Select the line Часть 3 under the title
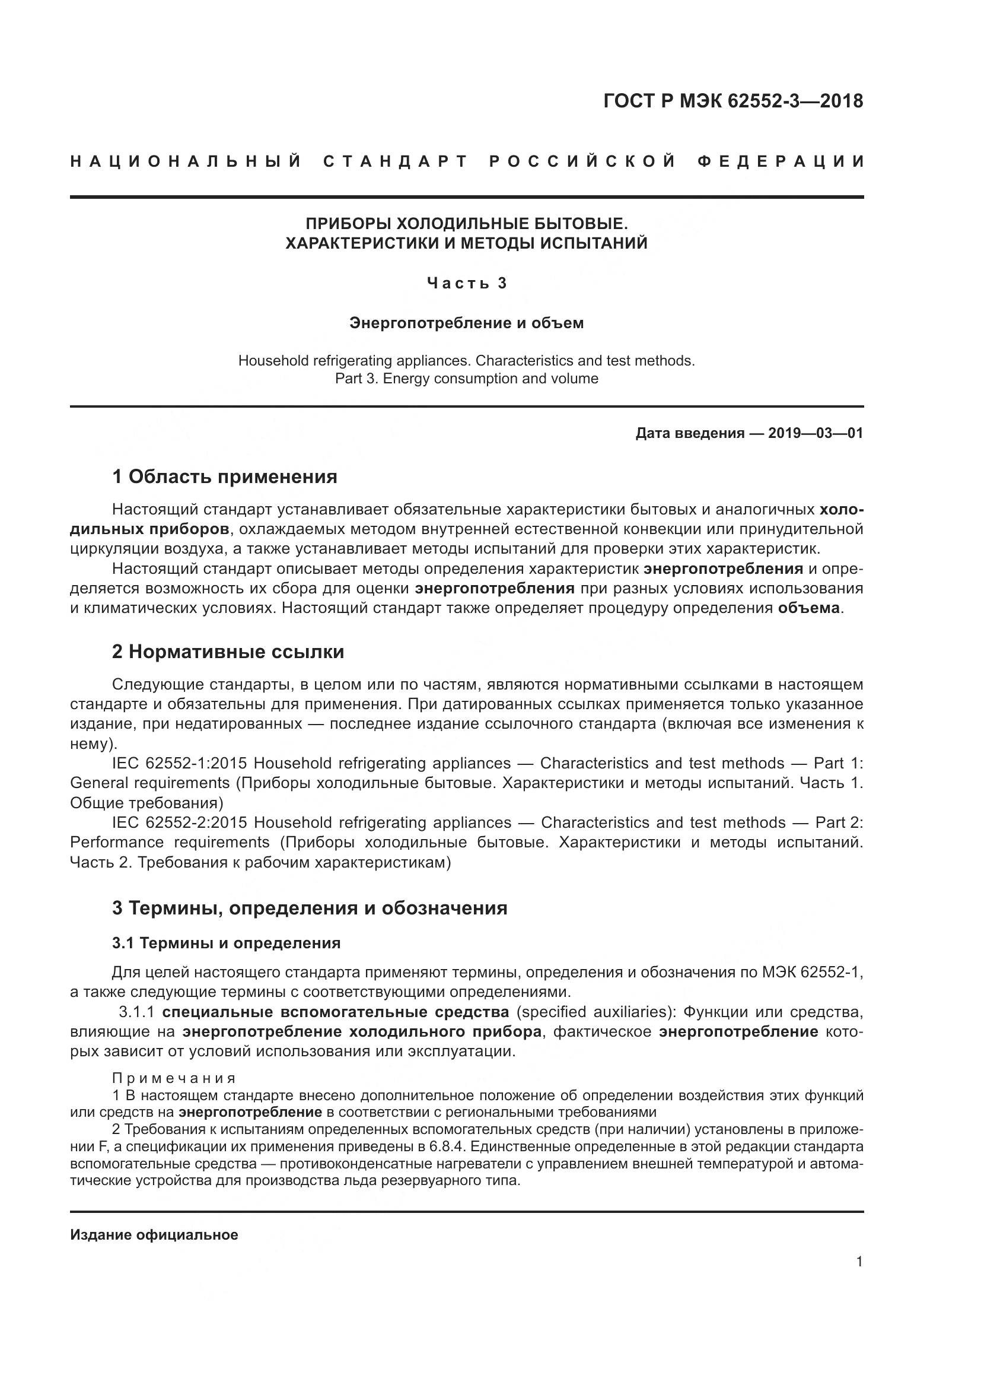tap(466, 283)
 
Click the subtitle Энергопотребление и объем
tap(466, 323)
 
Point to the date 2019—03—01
tap(816, 433)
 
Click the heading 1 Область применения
tap(225, 477)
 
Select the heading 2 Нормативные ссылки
tap(228, 652)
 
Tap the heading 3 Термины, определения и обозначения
tap(309, 907)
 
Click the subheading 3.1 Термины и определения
tap(226, 943)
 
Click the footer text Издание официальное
tap(154, 1234)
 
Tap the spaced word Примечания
tap(174, 1078)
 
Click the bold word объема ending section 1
tap(809, 608)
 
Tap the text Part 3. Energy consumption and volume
tap(466, 379)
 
